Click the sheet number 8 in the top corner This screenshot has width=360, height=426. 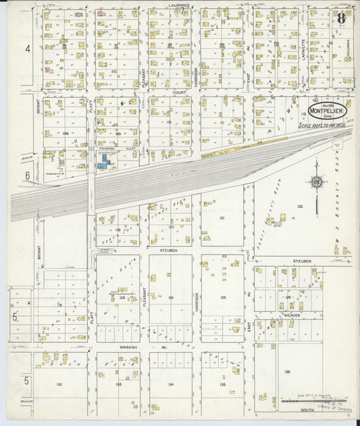click(x=341, y=18)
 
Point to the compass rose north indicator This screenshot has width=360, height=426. click(x=315, y=181)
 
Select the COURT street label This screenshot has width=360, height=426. click(x=179, y=92)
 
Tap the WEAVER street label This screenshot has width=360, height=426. click(x=292, y=315)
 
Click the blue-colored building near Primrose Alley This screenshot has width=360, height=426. click(x=103, y=161)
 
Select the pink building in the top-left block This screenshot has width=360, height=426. click(x=47, y=68)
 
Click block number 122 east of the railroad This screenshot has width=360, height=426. click(x=299, y=206)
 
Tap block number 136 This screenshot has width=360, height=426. click(x=287, y=371)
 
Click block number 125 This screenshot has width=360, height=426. click(x=222, y=297)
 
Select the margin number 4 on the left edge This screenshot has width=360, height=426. click(x=28, y=49)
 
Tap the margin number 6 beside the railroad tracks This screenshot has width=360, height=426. click(x=28, y=175)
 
